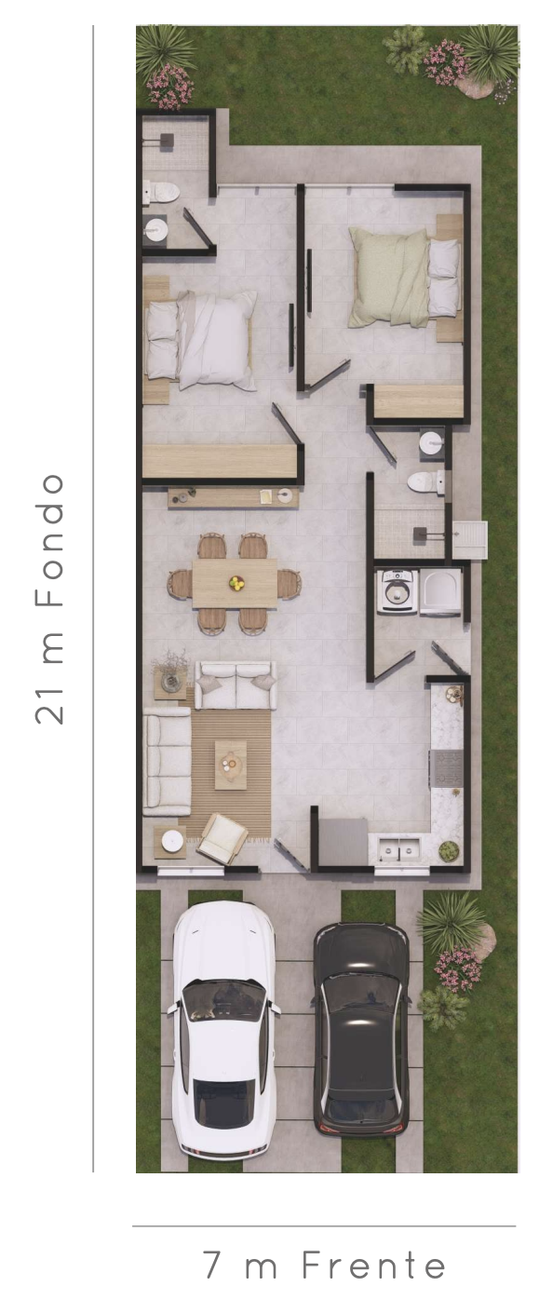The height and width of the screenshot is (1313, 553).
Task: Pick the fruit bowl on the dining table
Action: (236, 583)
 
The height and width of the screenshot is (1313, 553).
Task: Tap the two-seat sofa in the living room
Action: (236, 684)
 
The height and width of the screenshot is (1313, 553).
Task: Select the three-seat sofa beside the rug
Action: (167, 762)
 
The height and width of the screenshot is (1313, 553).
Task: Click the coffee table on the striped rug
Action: (230, 765)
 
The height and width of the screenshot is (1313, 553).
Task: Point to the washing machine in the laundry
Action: (398, 590)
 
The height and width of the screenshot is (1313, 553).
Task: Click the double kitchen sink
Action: (399, 848)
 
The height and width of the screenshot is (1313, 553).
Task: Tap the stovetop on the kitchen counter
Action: (447, 768)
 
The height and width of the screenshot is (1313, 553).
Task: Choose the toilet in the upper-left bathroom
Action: (162, 192)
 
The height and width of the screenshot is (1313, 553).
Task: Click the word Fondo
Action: (49, 540)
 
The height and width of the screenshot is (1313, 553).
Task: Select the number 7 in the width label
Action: (211, 1265)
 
